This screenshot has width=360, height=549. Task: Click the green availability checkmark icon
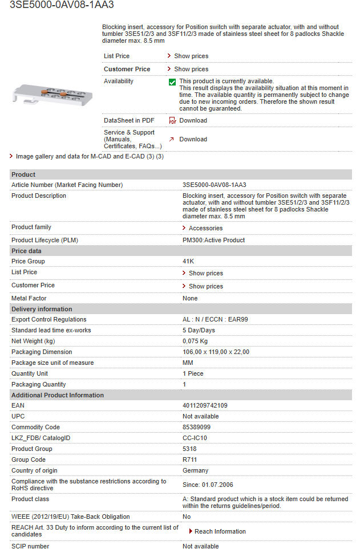pos(172,82)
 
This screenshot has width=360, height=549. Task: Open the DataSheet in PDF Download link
pos(193,120)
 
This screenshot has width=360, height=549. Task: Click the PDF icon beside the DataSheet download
pos(172,121)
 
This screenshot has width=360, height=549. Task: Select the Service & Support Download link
pos(193,139)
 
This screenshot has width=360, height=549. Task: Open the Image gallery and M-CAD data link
pos(90,156)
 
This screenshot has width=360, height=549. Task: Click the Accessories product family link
pos(205,228)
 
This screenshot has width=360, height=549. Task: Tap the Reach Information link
pos(220,531)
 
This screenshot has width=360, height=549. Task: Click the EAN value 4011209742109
pos(205,405)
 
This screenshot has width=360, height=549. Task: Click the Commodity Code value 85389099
pos(196,427)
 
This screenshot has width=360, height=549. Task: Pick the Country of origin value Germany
pos(195,470)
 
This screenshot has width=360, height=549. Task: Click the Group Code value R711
pos(189,459)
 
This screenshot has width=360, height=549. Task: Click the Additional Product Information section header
pos(58,395)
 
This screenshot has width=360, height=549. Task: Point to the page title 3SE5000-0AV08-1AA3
pos(62,5)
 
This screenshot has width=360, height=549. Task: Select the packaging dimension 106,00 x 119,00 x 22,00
pos(216,352)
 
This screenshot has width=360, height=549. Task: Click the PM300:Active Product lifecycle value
pos(213,240)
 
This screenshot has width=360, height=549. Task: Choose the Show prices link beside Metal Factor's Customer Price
pos(205,286)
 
